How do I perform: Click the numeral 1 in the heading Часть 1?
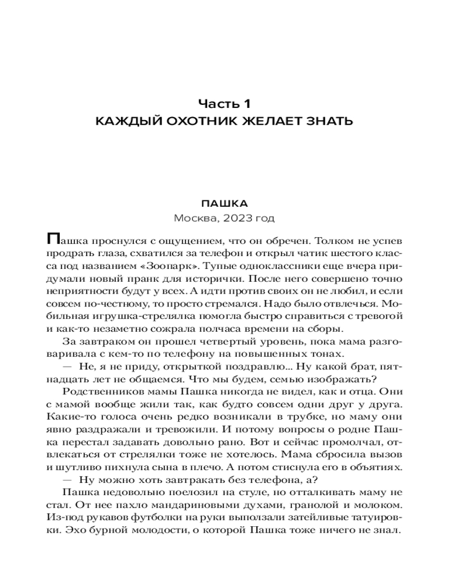coord(246,104)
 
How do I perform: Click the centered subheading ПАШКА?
coord(225,203)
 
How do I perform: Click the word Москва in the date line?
coord(193,218)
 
